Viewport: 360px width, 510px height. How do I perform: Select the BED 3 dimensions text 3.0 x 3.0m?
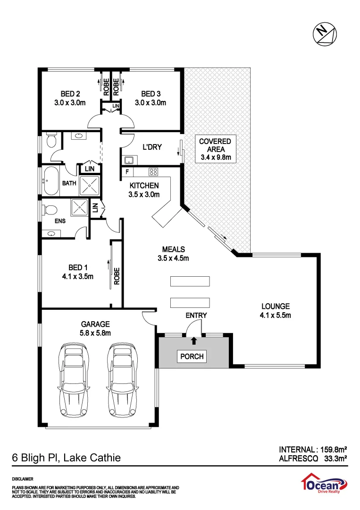(x=151, y=102)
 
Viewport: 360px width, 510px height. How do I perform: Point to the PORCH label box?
(x=193, y=356)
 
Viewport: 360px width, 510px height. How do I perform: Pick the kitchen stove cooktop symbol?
(x=154, y=171)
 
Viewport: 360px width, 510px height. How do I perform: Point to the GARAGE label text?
(x=95, y=324)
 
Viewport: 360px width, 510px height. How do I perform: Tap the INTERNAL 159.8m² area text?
(x=313, y=449)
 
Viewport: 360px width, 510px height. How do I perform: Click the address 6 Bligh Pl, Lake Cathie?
(x=66, y=458)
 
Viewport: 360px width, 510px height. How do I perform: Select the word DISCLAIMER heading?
(x=22, y=479)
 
